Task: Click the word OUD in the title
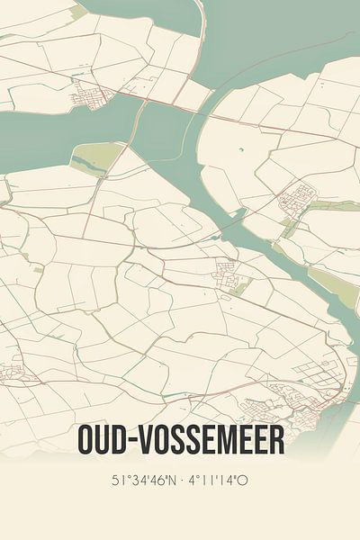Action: tap(104, 441)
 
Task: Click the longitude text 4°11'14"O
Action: tap(217, 481)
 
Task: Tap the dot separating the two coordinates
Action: tap(179, 481)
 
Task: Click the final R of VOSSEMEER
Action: tap(276, 441)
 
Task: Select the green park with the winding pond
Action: tap(94, 160)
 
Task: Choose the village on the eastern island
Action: tap(298, 197)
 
